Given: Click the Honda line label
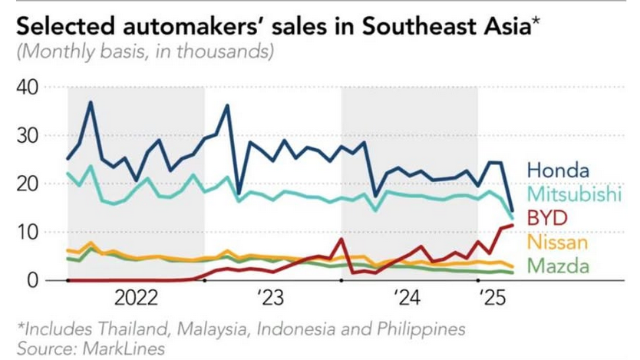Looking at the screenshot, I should [558, 170].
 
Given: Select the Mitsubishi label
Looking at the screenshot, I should [573, 195].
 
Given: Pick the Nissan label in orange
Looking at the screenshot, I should [558, 243].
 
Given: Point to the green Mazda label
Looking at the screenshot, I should [559, 266].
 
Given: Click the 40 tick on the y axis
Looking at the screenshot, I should [28, 88].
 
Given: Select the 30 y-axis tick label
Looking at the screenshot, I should [28, 136].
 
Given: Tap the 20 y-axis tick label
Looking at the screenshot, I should [28, 184].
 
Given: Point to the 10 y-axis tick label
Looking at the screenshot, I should [28, 232].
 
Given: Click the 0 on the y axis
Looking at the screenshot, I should [35, 280].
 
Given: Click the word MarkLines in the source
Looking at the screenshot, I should [120, 348].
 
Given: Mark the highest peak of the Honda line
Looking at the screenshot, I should [91, 103].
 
